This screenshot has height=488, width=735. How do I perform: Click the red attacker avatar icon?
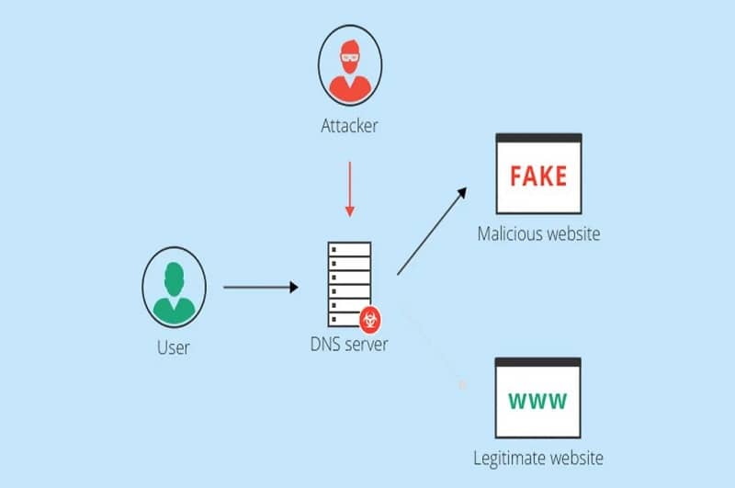(x=349, y=67)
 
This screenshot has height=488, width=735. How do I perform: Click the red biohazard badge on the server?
(x=372, y=319)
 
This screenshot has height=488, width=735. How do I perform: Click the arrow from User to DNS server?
(x=261, y=288)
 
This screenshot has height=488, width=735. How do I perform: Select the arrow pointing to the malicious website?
(x=432, y=231)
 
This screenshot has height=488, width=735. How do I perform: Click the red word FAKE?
(x=538, y=175)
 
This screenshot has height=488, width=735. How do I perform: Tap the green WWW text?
(x=538, y=401)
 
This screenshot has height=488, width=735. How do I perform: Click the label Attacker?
(x=349, y=126)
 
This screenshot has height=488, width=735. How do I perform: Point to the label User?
(x=174, y=346)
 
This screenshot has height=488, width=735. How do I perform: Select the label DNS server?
(x=349, y=346)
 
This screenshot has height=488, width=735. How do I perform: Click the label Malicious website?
(x=538, y=233)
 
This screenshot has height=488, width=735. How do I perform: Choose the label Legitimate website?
(x=538, y=458)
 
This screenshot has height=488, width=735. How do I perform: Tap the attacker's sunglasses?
(x=349, y=56)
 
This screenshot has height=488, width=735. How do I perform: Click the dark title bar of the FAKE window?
(x=538, y=138)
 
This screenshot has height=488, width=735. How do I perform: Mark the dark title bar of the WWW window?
(x=538, y=362)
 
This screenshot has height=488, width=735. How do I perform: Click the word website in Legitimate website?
(x=574, y=458)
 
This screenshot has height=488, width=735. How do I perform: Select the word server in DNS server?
(x=366, y=346)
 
